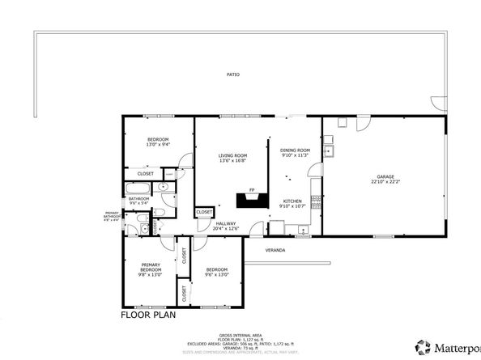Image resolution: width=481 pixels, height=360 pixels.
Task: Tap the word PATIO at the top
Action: (233, 74)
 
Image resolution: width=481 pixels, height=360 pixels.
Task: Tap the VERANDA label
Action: (276, 251)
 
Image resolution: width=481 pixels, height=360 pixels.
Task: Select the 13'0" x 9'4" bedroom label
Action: (158, 143)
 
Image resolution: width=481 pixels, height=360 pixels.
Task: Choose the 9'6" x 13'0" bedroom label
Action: (218, 271)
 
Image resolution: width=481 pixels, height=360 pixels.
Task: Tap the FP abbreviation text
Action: (252, 188)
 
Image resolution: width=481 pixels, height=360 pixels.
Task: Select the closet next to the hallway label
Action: (204, 213)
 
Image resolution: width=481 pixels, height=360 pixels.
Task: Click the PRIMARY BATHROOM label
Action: (113, 217)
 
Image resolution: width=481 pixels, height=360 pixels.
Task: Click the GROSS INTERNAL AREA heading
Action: (240, 335)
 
